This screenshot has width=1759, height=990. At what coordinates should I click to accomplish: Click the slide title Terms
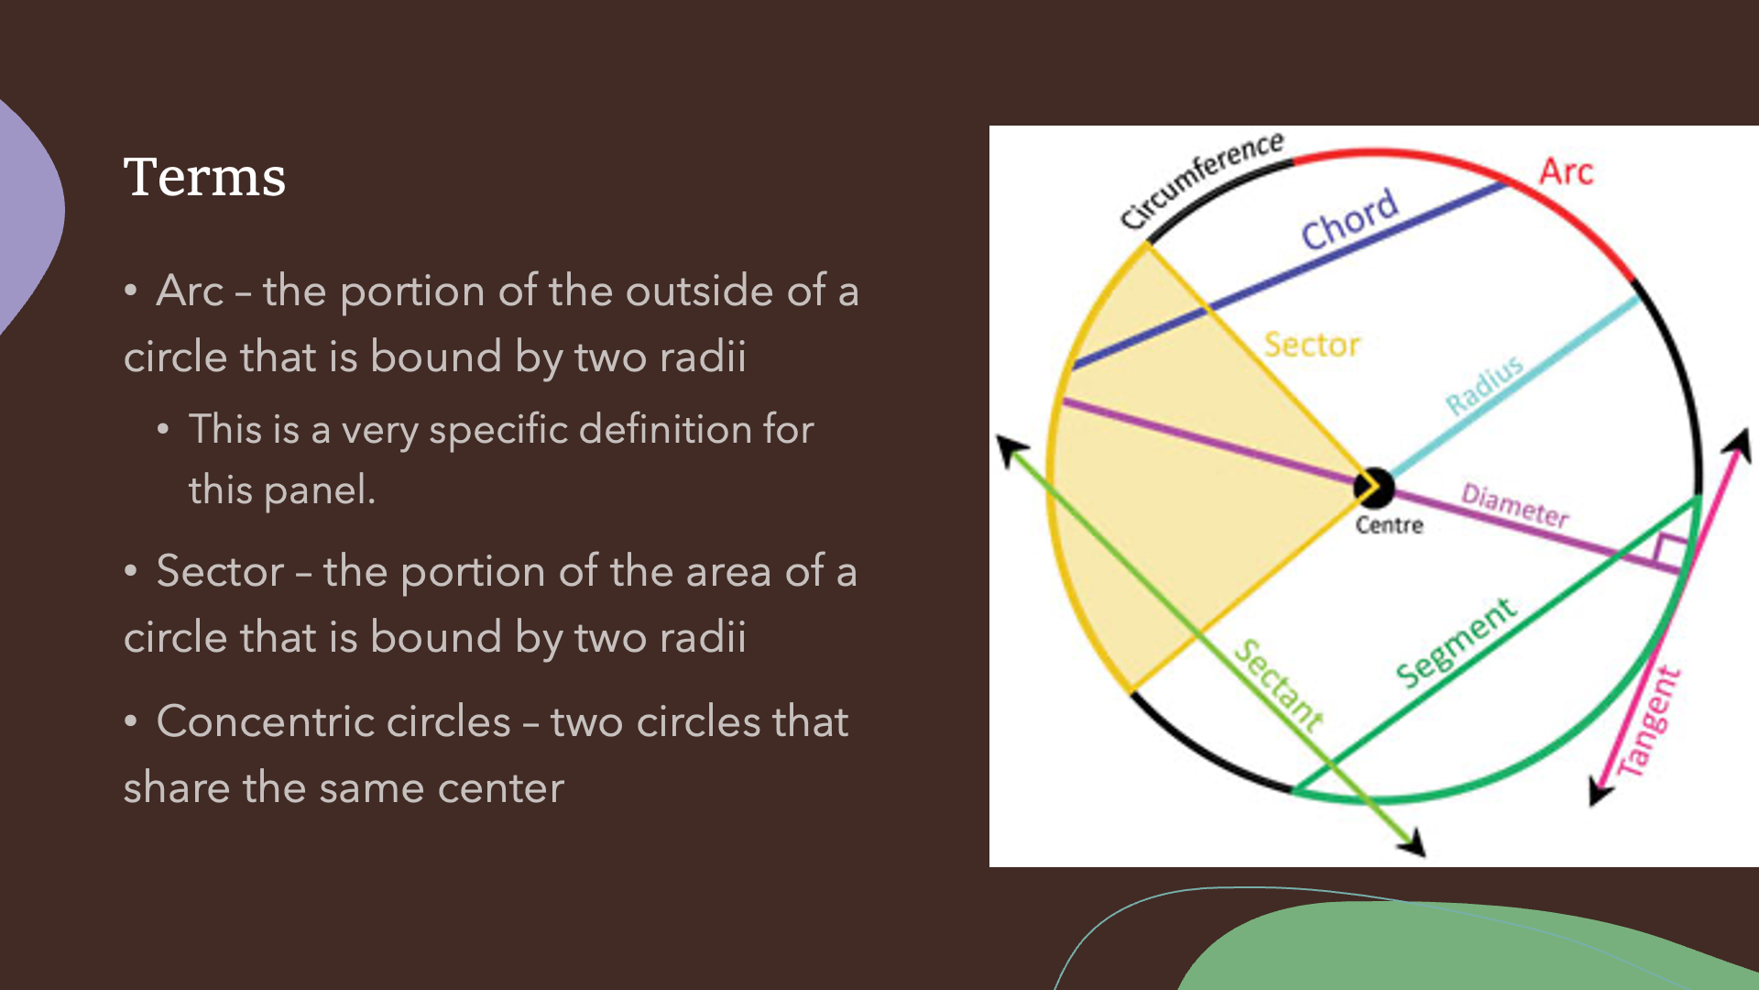pyautogui.click(x=204, y=177)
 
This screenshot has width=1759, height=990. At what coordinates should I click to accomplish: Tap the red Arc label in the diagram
pyautogui.click(x=1566, y=171)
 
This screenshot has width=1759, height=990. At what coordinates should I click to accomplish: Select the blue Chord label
pyautogui.click(x=1349, y=220)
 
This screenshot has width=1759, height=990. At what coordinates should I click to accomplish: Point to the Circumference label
pyautogui.click(x=1201, y=181)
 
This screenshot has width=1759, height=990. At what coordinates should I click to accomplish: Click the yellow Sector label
pyautogui.click(x=1312, y=345)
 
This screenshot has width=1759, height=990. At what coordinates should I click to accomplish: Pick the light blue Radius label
pyautogui.click(x=1484, y=384)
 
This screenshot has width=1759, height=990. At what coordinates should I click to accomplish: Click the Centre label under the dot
pyautogui.click(x=1389, y=525)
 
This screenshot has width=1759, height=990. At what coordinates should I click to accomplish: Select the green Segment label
pyautogui.click(x=1456, y=643)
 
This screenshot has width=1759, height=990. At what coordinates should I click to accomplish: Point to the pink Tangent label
pyautogui.click(x=1648, y=722)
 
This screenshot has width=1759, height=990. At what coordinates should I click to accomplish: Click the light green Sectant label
pyautogui.click(x=1278, y=685)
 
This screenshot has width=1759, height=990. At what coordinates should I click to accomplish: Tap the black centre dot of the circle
pyautogui.click(x=1374, y=488)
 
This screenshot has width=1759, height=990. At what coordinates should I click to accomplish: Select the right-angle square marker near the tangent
pyautogui.click(x=1670, y=553)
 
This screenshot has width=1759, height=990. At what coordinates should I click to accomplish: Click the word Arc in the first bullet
pyautogui.click(x=191, y=291)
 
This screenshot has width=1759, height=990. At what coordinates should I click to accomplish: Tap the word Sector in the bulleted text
pyautogui.click(x=220, y=572)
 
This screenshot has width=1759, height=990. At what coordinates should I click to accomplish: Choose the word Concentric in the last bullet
pyautogui.click(x=333, y=722)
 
